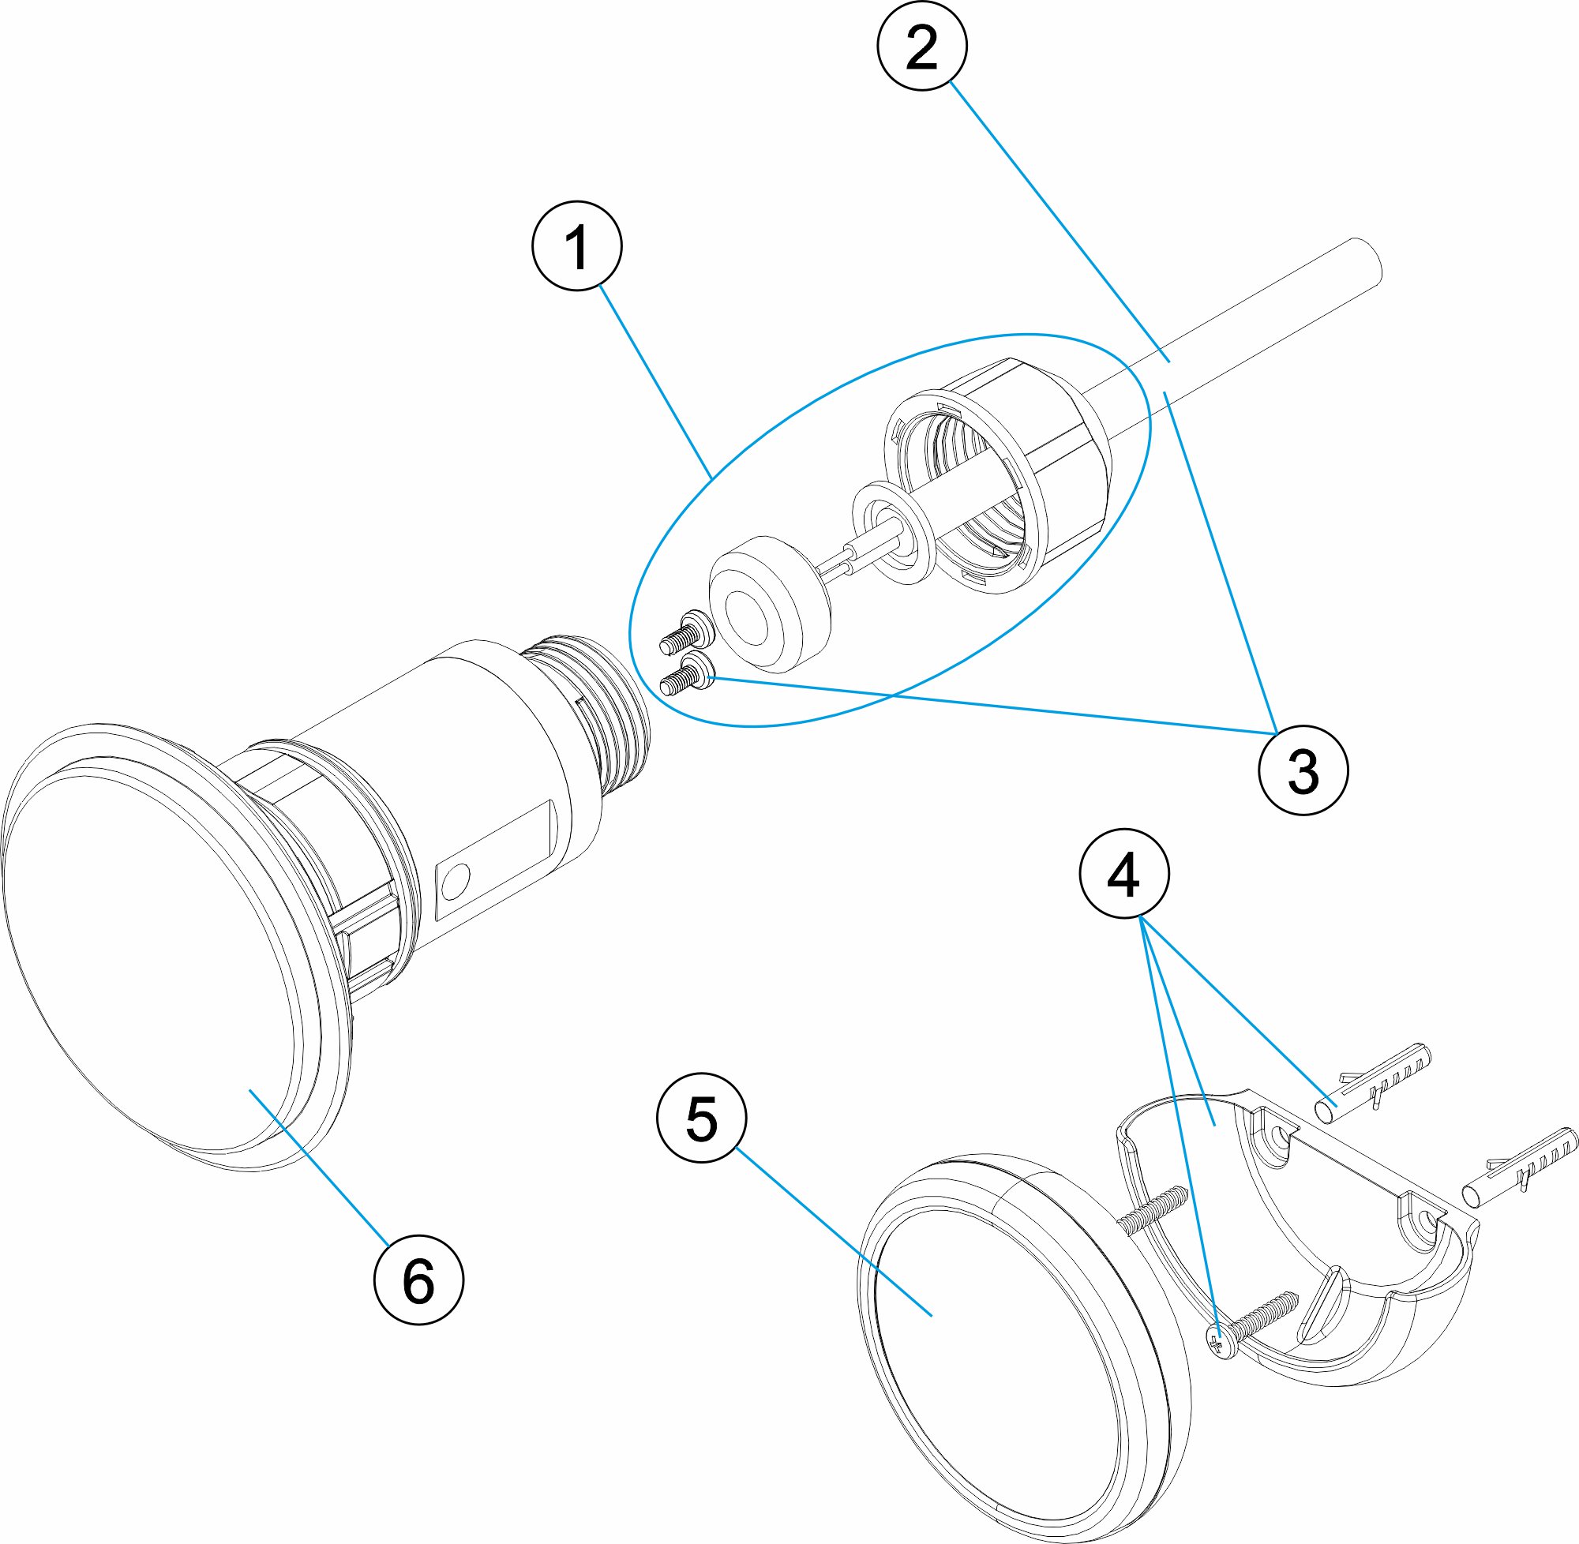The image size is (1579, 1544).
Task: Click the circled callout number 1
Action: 576,245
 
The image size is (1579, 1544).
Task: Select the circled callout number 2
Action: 921,46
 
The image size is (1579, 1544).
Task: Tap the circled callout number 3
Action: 1303,770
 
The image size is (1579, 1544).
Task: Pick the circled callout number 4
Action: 1123,873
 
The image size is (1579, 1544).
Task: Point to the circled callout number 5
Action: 701,1119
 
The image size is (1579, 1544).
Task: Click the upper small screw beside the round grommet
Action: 685,632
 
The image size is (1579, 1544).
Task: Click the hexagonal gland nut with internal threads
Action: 1006,470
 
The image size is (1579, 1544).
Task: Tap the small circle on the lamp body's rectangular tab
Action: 455,880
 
